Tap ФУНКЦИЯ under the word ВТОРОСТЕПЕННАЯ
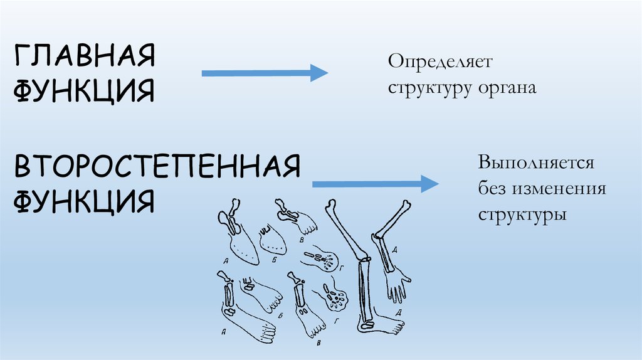click(84, 200)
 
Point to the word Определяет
click(441, 63)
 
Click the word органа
click(506, 87)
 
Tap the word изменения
click(559, 188)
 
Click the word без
click(492, 188)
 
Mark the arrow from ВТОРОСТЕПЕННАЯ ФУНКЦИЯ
click(374, 184)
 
